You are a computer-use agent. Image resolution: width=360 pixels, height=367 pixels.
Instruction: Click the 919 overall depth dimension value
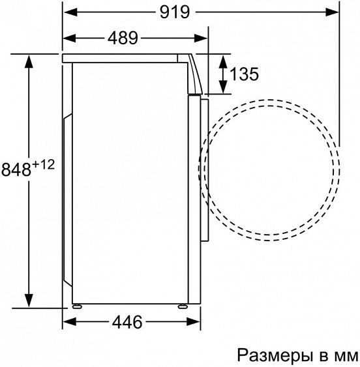[x=168, y=12]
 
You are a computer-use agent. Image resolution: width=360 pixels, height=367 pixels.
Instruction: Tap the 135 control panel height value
[x=245, y=74]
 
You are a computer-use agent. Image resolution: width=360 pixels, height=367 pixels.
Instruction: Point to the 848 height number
[x=16, y=170]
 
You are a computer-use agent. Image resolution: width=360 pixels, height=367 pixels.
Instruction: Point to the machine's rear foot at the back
[x=78, y=305]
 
